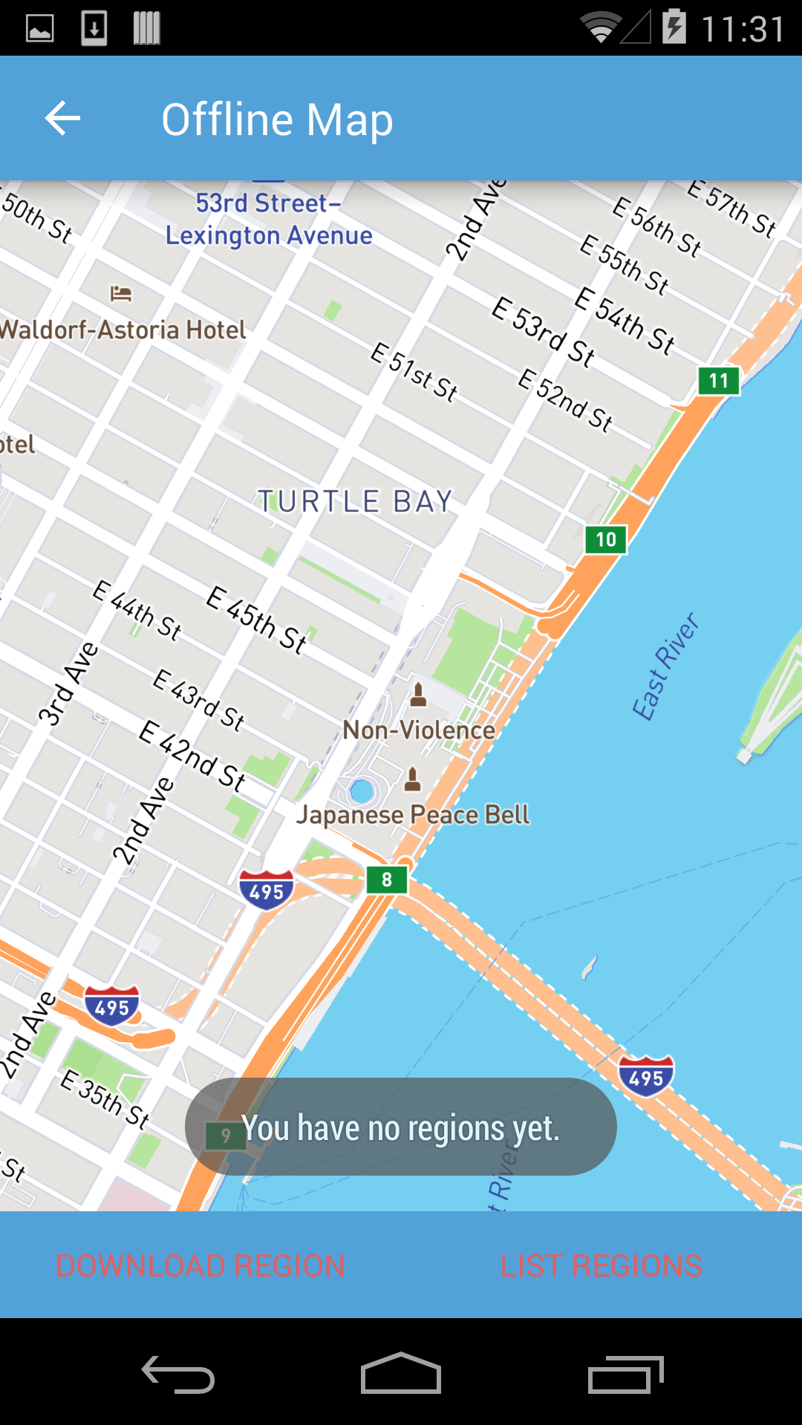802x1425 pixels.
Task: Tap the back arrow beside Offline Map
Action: coord(62,119)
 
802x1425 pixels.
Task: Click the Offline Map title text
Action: coord(277,119)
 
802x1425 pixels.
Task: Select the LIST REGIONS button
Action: coord(601,1265)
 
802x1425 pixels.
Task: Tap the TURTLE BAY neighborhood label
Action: coord(355,502)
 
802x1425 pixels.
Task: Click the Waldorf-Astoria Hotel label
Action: coord(123,330)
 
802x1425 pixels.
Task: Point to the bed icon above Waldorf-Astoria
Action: coord(121,294)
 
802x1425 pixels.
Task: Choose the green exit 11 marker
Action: coord(718,381)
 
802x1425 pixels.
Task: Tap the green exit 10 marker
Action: coord(606,540)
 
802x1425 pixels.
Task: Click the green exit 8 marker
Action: coord(387,880)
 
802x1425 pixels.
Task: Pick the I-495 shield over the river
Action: coord(646,1077)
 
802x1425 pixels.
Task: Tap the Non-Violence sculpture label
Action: coord(419,730)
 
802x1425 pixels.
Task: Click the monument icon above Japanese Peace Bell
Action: coord(413,779)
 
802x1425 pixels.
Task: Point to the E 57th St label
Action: coord(731,209)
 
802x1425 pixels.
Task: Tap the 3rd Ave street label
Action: coord(68,684)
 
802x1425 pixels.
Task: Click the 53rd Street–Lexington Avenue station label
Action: coord(269,219)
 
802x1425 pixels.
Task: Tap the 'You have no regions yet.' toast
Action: coord(401,1127)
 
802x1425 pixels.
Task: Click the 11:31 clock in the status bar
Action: coord(743,30)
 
